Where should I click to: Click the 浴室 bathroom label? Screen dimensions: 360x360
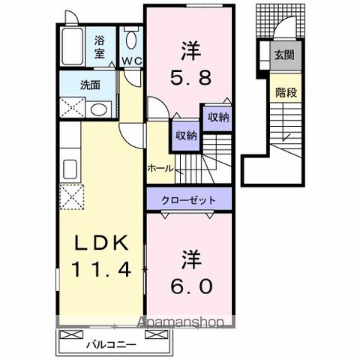click(100, 48)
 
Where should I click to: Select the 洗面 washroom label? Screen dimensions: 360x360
click(90, 85)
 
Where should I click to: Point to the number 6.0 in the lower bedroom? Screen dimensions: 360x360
click(188, 286)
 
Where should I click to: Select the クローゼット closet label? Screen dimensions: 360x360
click(191, 200)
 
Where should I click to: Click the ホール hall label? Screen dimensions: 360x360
click(160, 167)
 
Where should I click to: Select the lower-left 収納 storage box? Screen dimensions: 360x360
click(186, 135)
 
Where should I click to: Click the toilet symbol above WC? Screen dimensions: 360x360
click(131, 40)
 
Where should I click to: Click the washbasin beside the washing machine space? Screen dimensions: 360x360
click(97, 109)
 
